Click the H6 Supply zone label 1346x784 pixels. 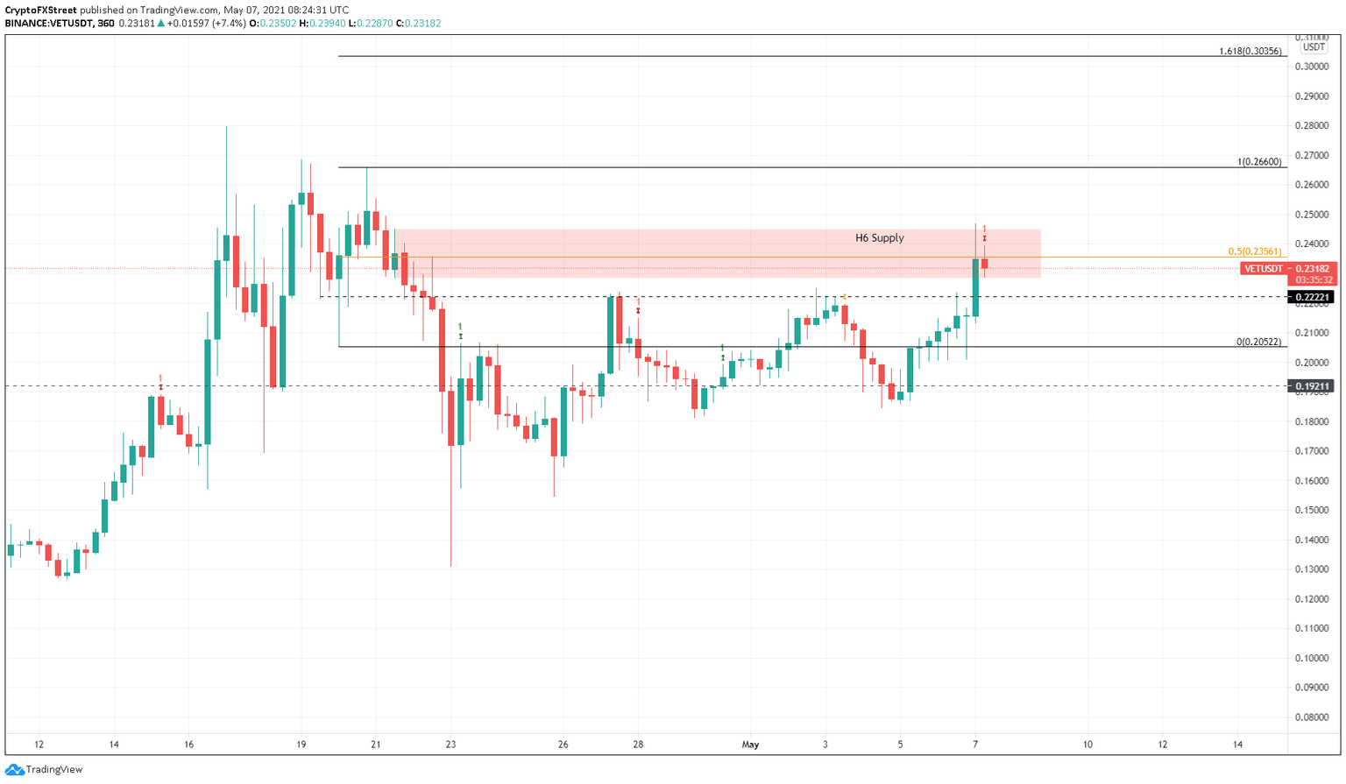tap(879, 238)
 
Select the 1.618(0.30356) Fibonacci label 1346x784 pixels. tap(1250, 52)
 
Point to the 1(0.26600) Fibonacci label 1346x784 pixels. tap(1259, 162)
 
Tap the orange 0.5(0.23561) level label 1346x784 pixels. tap(1255, 251)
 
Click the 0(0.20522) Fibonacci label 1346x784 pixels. tap(1259, 342)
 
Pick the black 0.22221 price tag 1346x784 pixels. tap(1312, 297)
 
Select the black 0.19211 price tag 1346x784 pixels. tap(1312, 385)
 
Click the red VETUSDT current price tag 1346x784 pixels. tap(1286, 269)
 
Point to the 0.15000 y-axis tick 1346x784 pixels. tap(1311, 511)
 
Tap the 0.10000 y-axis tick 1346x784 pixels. tap(1311, 659)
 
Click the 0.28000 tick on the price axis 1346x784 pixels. tap(1311, 126)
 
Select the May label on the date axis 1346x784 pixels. tap(750, 745)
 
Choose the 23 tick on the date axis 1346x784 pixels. tap(450, 745)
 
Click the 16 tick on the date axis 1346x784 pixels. tap(188, 745)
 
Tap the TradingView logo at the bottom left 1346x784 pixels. tap(45, 769)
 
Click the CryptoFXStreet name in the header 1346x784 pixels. tap(41, 10)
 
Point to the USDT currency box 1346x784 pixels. tap(1313, 47)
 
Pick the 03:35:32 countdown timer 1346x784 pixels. tap(1314, 280)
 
